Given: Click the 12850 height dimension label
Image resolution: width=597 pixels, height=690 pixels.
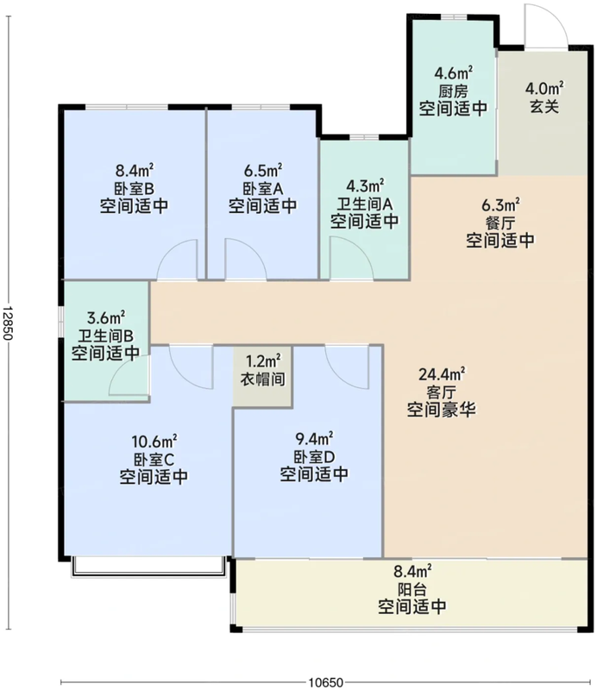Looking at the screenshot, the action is (9, 323).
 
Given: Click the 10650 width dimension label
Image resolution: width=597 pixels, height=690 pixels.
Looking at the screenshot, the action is (325, 682).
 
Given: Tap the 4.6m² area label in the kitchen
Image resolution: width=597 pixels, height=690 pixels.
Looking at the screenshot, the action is (454, 72).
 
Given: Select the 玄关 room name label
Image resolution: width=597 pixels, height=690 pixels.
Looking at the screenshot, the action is (544, 106).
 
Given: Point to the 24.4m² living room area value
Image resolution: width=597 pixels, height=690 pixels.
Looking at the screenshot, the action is (442, 374).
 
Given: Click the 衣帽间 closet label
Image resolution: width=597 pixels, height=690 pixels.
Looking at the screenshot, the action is (262, 379).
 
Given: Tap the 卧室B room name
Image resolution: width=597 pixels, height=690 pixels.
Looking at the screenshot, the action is (134, 189).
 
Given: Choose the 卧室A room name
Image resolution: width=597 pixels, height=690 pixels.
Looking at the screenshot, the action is (263, 189).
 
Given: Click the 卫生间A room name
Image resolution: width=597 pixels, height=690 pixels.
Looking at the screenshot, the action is (365, 204).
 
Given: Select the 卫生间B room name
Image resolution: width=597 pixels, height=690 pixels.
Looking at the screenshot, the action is (105, 336).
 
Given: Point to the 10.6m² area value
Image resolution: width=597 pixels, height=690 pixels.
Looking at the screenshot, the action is (154, 441).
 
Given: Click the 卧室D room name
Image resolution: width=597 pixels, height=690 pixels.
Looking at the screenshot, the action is (314, 457).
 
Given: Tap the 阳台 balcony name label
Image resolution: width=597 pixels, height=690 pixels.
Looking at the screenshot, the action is (412, 590).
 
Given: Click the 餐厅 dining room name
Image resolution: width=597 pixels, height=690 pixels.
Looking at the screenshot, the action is (500, 223).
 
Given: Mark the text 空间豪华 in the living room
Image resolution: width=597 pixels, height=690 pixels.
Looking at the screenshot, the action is (441, 410).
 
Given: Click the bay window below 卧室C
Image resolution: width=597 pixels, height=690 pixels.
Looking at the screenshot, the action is (149, 567).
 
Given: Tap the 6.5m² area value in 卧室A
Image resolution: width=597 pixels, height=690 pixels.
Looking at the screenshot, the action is (263, 170).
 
